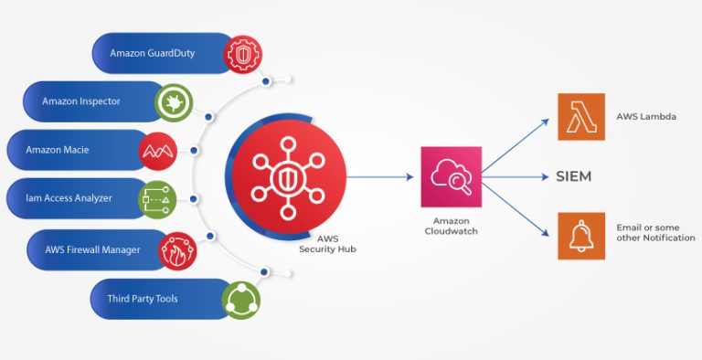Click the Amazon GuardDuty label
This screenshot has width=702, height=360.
[152, 53]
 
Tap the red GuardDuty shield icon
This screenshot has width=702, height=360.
[243, 53]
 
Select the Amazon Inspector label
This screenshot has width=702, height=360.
[80, 101]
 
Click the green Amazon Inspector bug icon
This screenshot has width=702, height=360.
[173, 101]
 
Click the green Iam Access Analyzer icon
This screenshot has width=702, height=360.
[156, 198]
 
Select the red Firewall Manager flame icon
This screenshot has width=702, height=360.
[176, 250]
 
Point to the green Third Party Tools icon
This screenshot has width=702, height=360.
[241, 300]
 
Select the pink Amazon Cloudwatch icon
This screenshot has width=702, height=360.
[450, 176]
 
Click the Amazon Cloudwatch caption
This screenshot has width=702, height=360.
[451, 226]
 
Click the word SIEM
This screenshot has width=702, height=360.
[574, 176]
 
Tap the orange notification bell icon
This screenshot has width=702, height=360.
[581, 236]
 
